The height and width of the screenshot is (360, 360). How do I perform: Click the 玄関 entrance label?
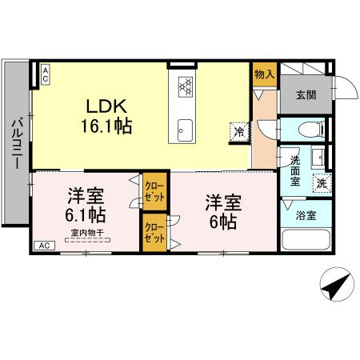(x=306, y=96)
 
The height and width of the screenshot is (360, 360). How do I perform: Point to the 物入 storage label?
(x=264, y=74)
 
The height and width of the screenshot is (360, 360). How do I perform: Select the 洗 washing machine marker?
(x=320, y=182)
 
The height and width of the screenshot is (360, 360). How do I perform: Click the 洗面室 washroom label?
(x=295, y=170)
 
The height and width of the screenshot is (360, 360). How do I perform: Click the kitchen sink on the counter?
(x=186, y=128)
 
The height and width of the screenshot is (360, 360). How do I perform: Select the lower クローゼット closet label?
(x=154, y=233)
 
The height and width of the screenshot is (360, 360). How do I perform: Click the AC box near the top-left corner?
(x=46, y=75)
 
